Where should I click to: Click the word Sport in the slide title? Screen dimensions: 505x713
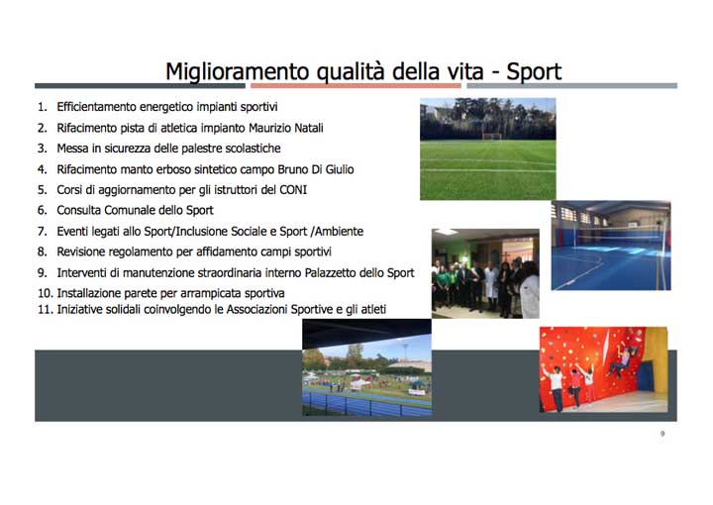(534, 71)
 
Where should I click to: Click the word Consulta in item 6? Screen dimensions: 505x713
(81, 211)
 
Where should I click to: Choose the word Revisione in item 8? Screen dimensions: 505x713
(84, 252)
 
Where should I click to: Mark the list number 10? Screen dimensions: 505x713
(45, 293)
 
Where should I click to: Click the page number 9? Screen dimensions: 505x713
(662, 434)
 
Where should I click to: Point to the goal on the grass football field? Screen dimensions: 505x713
(491, 135)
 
